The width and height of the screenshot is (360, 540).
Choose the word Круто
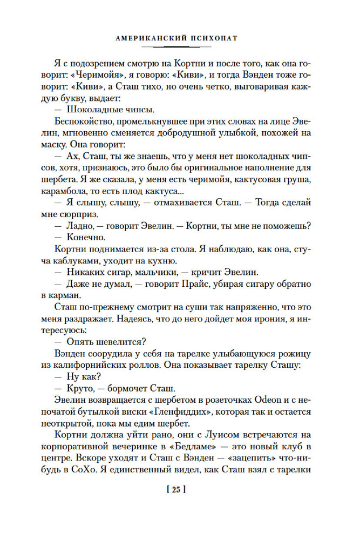click(x=78, y=388)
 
